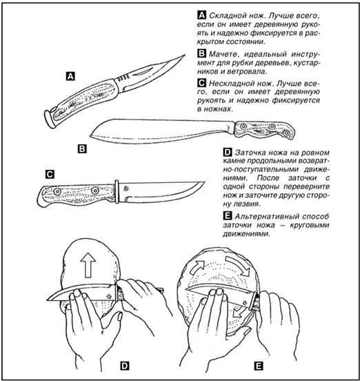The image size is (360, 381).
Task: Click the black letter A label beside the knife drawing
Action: click(x=70, y=77)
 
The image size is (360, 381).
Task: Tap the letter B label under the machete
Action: click(x=82, y=148)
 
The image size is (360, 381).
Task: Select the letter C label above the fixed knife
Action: click(x=50, y=174)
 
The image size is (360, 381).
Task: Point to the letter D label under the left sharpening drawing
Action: click(x=125, y=366)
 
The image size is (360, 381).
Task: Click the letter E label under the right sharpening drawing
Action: click(x=259, y=366)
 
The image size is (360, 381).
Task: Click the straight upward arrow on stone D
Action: click(x=88, y=265)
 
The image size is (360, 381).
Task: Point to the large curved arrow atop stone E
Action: click(x=238, y=265)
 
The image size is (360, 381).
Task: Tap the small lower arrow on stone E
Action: click(x=237, y=312)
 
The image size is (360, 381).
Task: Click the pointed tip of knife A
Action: click(x=185, y=55)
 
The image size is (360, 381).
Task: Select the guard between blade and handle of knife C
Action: click(x=117, y=192)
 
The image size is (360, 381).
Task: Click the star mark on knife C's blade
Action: click(x=126, y=189)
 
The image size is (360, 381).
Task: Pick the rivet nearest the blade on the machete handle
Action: click(x=243, y=126)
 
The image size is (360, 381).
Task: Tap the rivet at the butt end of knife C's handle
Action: click(x=57, y=192)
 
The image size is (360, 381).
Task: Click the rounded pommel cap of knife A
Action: click(x=50, y=119)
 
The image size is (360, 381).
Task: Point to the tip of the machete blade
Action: click(x=90, y=135)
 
